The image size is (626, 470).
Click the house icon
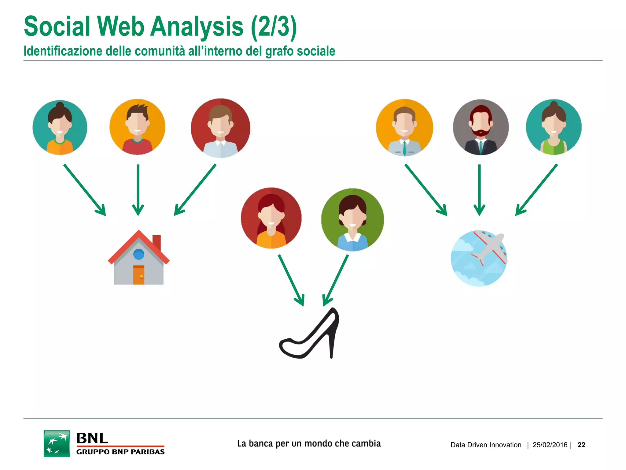point(138,259)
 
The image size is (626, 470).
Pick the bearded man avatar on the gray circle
point(481,127)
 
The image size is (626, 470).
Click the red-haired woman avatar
point(271,218)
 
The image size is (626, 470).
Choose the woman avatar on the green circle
point(352,220)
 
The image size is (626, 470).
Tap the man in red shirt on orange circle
point(137,127)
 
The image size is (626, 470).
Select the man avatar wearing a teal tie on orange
point(404,127)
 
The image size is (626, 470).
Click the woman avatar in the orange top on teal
point(60,127)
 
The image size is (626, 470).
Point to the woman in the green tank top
point(554,127)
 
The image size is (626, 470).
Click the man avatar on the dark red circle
point(220,128)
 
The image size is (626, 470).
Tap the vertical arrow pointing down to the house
point(138,190)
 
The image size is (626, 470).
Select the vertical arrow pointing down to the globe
point(479,190)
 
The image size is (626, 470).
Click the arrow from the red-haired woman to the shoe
point(291,280)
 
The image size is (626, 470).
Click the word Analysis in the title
point(197,27)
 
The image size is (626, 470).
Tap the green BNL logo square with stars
point(57,443)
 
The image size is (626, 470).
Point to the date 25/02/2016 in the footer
point(550,445)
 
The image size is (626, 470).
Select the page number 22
point(581,445)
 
